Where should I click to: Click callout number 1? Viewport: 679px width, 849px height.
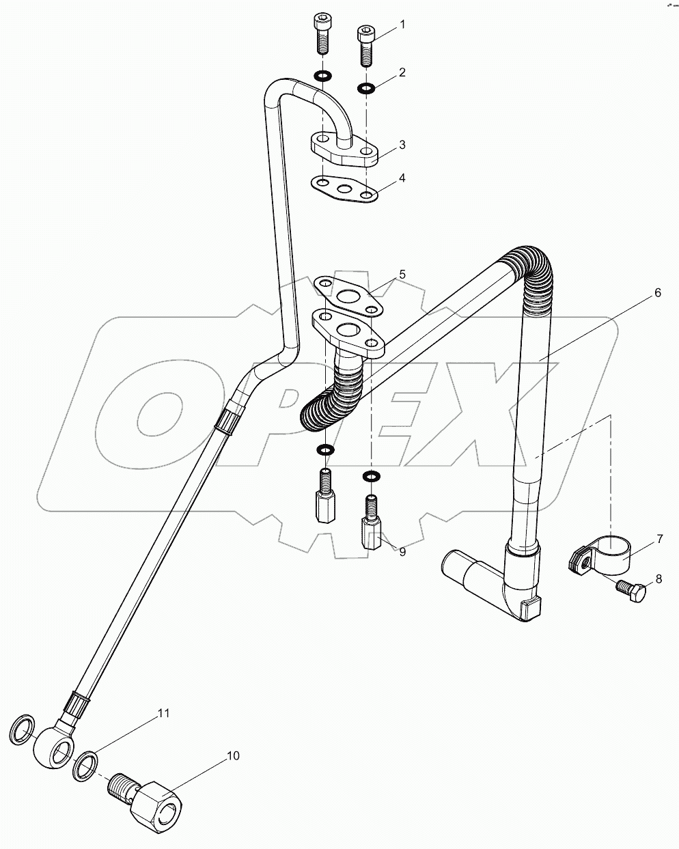(x=402, y=25)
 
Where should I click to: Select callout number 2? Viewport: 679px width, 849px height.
(x=402, y=72)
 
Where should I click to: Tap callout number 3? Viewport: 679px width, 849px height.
(x=402, y=145)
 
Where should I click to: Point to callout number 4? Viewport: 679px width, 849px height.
(x=402, y=178)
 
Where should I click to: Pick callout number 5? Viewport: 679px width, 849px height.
(x=402, y=275)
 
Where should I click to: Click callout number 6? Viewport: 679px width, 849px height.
(x=657, y=293)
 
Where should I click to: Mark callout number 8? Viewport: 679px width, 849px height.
(x=659, y=579)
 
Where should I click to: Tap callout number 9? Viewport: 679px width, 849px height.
(x=402, y=552)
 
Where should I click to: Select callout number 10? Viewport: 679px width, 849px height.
(x=234, y=755)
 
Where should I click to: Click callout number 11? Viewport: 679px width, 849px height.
(x=163, y=713)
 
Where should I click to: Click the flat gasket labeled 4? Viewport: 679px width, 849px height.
(x=344, y=190)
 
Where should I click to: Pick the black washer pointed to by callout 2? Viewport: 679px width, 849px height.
(x=365, y=87)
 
